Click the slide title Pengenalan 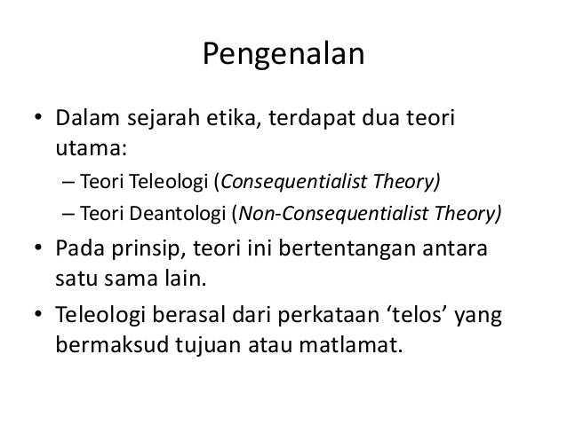coord(283,56)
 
